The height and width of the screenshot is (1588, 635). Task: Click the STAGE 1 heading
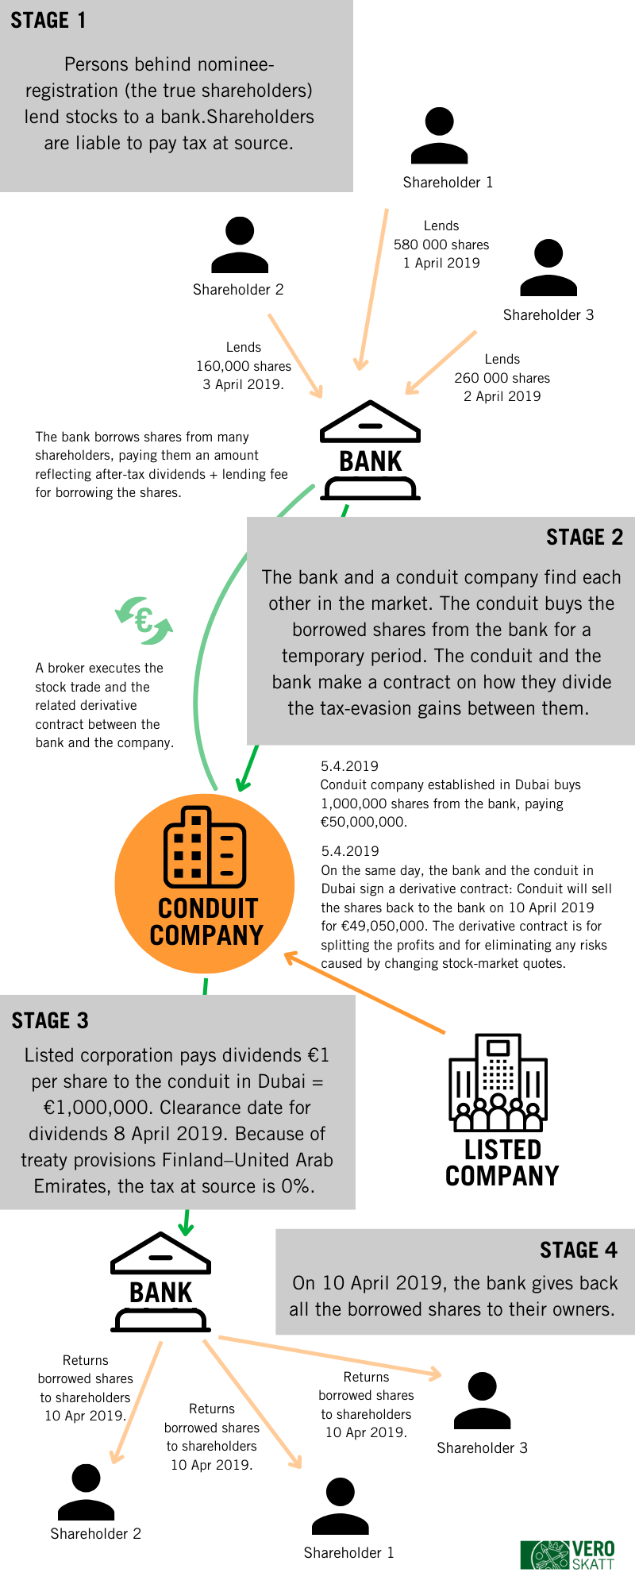[x=48, y=21]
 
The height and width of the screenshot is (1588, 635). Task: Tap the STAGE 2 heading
[x=584, y=538]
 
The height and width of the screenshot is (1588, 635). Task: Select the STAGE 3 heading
[x=50, y=1020]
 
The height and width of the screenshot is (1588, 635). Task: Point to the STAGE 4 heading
[x=579, y=1250]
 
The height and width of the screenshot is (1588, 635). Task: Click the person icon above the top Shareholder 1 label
[x=439, y=136]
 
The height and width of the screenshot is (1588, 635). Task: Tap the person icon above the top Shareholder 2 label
[x=240, y=245]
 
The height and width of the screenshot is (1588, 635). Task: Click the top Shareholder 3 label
[x=548, y=315]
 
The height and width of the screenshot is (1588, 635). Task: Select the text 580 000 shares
[x=441, y=245]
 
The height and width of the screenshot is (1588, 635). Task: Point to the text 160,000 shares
[x=244, y=366]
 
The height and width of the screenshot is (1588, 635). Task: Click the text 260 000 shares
[x=502, y=378]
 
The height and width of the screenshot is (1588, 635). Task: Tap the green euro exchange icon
[x=144, y=620]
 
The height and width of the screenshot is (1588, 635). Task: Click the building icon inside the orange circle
[x=205, y=846]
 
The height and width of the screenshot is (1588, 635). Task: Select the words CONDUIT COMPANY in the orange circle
[x=206, y=921]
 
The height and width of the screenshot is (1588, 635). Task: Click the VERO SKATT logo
[x=568, y=1555]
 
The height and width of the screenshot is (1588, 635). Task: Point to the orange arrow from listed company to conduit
[x=364, y=992]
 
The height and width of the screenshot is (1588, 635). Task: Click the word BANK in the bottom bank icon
[x=161, y=1293]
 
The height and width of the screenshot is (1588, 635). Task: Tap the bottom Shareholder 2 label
[x=96, y=1534]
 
